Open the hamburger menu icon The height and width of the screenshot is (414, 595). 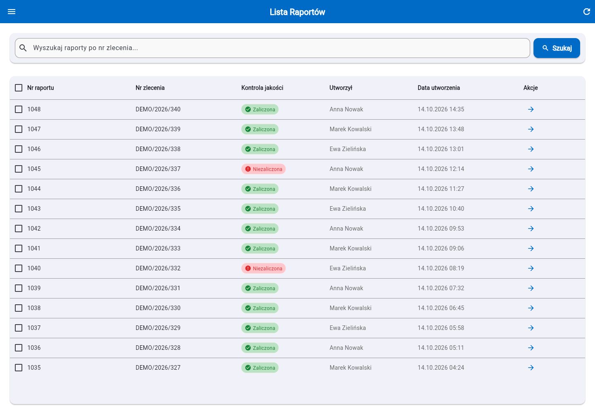12,12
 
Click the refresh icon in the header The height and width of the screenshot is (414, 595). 586,12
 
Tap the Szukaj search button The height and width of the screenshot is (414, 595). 557,48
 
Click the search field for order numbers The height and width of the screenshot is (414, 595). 272,48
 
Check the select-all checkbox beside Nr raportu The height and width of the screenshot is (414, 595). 19,88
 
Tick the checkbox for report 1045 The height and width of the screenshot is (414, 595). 19,169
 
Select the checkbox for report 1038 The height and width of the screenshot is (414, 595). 19,308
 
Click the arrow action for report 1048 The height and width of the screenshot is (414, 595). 531,109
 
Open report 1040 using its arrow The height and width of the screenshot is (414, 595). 531,268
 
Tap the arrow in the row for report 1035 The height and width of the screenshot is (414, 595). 531,368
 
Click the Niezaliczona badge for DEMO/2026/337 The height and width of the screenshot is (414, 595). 263,169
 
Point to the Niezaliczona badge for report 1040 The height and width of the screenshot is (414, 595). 263,268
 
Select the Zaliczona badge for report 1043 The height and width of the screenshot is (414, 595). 260,209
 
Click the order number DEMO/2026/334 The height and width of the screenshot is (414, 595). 158,229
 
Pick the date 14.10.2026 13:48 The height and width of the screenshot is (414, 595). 440,129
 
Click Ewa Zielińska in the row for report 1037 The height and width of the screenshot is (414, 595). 347,328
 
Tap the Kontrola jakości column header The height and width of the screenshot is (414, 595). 262,88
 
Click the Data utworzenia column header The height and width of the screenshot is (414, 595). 438,88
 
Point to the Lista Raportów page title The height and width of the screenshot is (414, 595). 297,12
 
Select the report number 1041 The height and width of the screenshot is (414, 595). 34,248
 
